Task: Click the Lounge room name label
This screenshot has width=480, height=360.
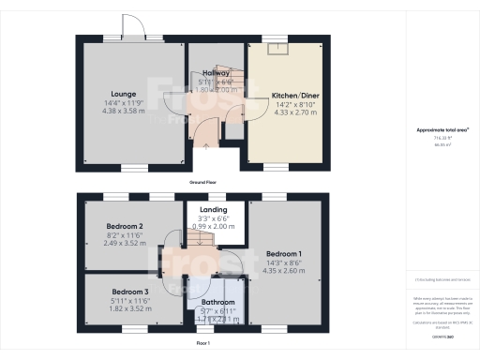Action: [124, 94]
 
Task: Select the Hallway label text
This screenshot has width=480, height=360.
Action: [217, 73]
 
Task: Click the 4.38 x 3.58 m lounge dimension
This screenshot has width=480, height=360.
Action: [124, 111]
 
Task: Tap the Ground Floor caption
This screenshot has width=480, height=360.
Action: [203, 182]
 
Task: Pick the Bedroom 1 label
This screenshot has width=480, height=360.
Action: [284, 254]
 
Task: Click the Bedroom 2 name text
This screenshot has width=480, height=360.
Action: [124, 227]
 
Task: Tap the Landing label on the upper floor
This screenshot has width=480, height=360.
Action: [215, 209]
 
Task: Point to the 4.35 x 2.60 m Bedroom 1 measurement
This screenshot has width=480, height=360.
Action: [284, 271]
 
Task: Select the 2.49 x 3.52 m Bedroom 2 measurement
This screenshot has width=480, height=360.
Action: [124, 243]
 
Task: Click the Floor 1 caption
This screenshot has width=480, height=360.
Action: [203, 345]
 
